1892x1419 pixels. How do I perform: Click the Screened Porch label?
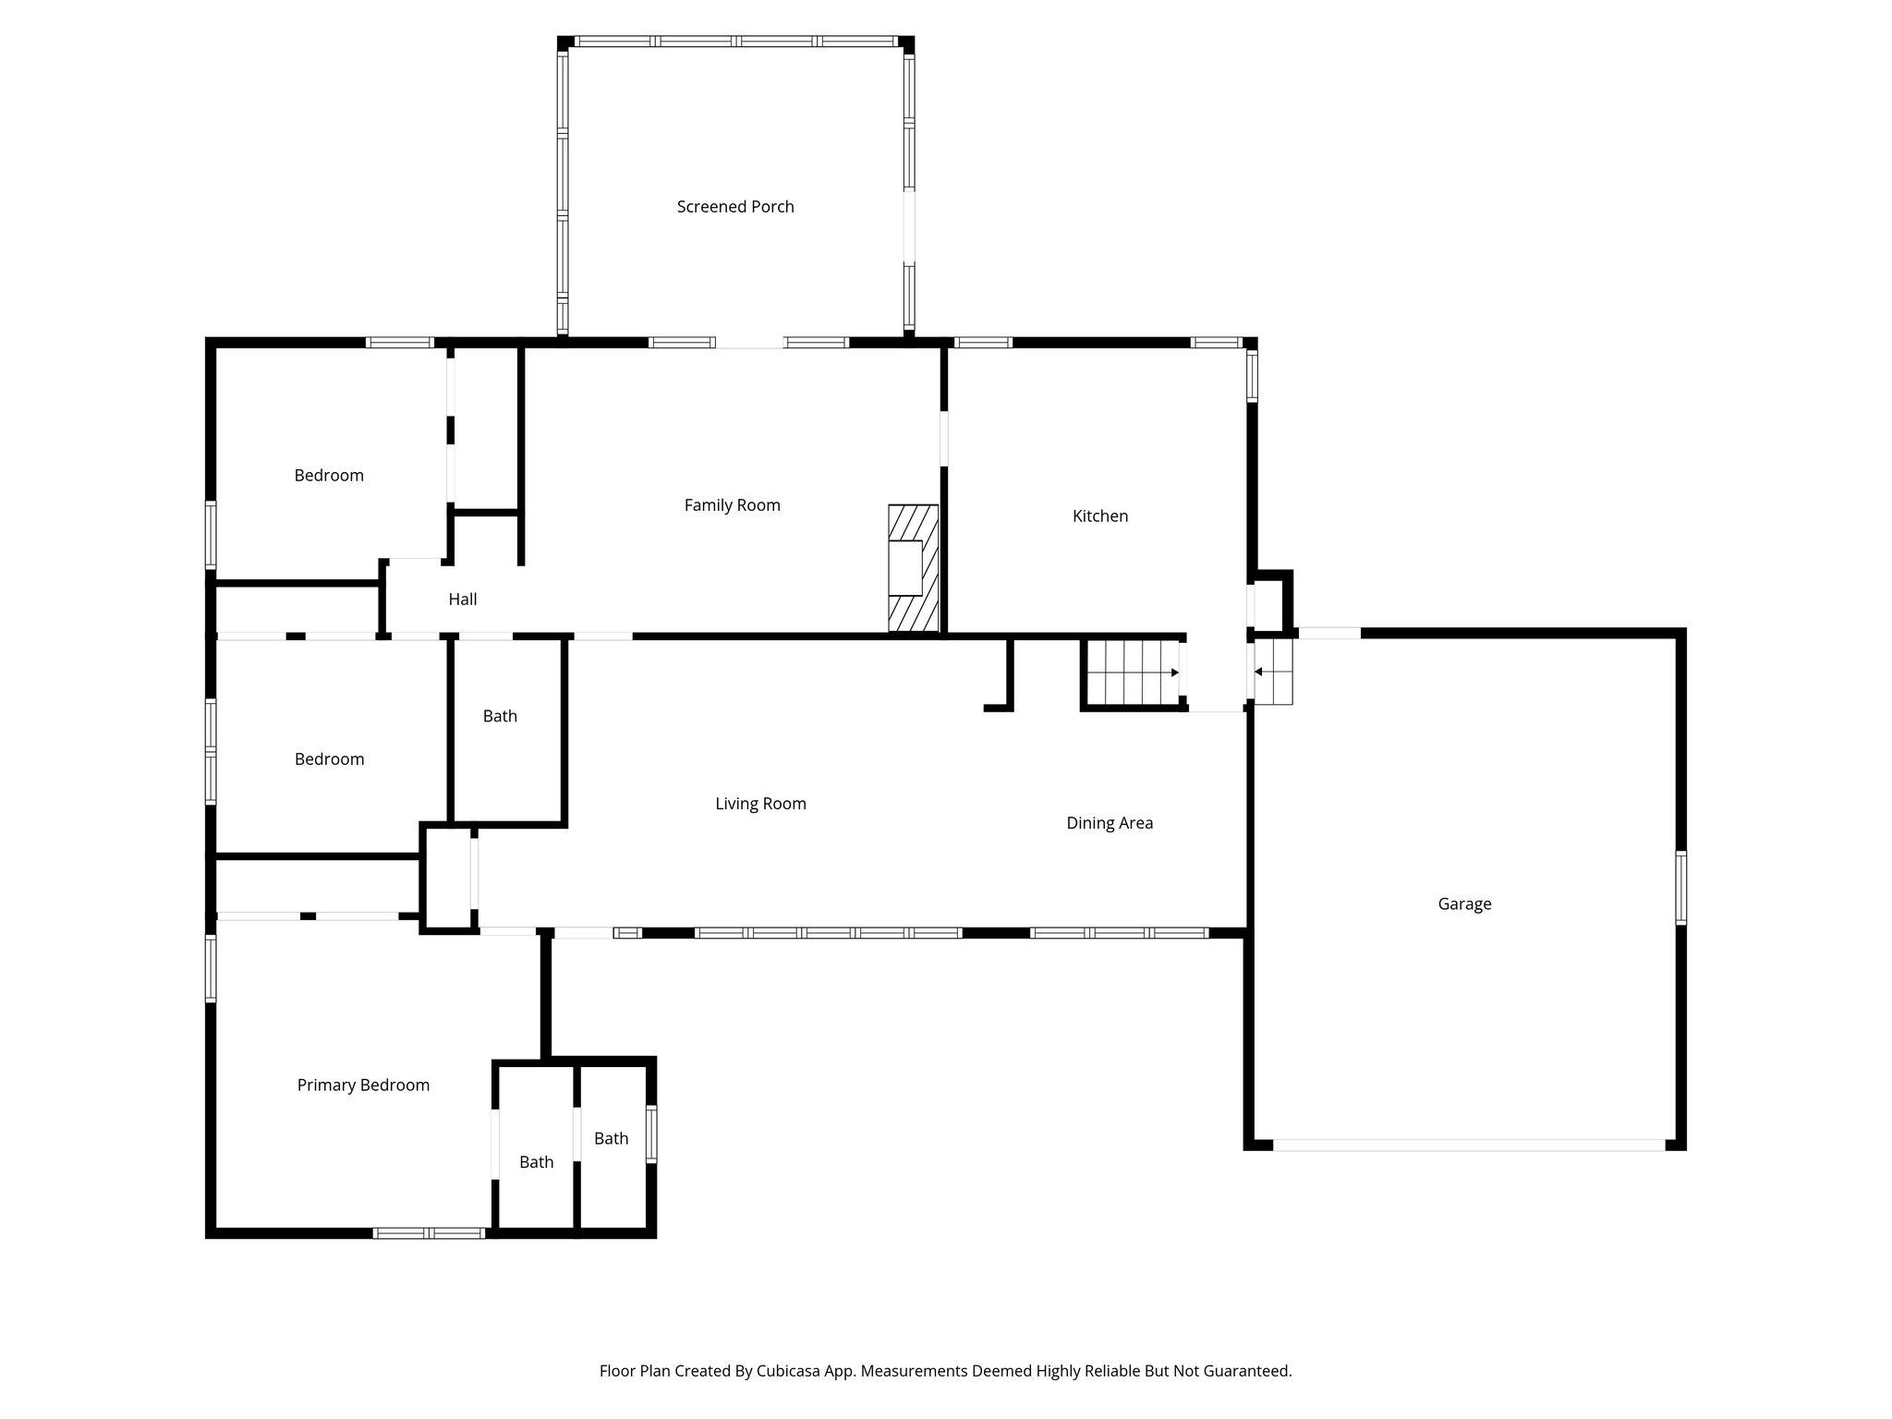tap(735, 207)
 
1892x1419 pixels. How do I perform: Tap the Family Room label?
tap(732, 505)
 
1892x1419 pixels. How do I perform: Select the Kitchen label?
tap(1099, 516)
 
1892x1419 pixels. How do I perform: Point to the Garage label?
tap(1464, 904)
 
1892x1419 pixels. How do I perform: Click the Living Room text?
tap(760, 804)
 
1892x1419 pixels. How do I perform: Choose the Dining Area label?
tap(1109, 823)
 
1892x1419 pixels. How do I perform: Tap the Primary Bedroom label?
tap(363, 1085)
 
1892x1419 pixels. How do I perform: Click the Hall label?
tap(462, 600)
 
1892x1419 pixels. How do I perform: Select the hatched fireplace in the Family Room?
tap(913, 568)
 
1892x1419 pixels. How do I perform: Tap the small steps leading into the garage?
tap(1273, 672)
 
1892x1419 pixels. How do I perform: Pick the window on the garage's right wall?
tap(1680, 888)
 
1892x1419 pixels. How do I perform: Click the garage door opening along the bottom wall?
tap(1469, 1145)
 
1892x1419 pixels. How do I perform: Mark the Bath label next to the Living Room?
tap(500, 716)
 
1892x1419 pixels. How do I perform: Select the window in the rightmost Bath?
tap(651, 1134)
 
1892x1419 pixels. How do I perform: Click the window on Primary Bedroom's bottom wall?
tap(429, 1232)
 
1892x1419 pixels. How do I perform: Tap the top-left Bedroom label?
tap(329, 476)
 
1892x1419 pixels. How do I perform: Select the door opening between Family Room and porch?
tap(749, 343)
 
